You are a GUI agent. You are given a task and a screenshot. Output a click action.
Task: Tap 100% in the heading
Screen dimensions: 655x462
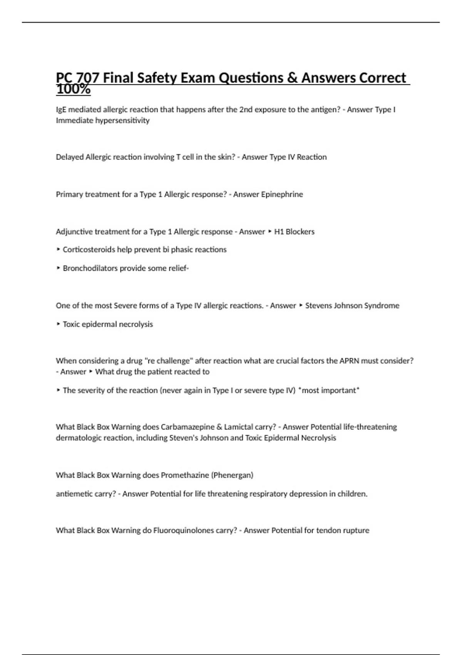[73, 89]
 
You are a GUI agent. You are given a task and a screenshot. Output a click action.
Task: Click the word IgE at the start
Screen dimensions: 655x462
[61, 109]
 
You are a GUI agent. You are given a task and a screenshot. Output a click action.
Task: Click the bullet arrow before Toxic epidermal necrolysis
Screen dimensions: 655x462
[58, 324]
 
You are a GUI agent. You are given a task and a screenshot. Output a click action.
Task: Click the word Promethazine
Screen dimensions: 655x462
[184, 475]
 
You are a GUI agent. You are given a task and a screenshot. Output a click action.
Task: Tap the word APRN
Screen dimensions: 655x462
[349, 361]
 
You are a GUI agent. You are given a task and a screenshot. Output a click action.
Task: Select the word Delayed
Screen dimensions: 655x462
[70, 157]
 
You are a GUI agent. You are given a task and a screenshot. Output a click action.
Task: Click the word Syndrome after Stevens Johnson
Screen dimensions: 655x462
[382, 306]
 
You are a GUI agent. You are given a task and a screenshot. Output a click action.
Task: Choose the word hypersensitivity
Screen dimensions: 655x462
[122, 121]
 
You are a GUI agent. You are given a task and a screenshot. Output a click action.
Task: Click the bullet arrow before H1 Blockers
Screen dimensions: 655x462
[270, 232]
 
